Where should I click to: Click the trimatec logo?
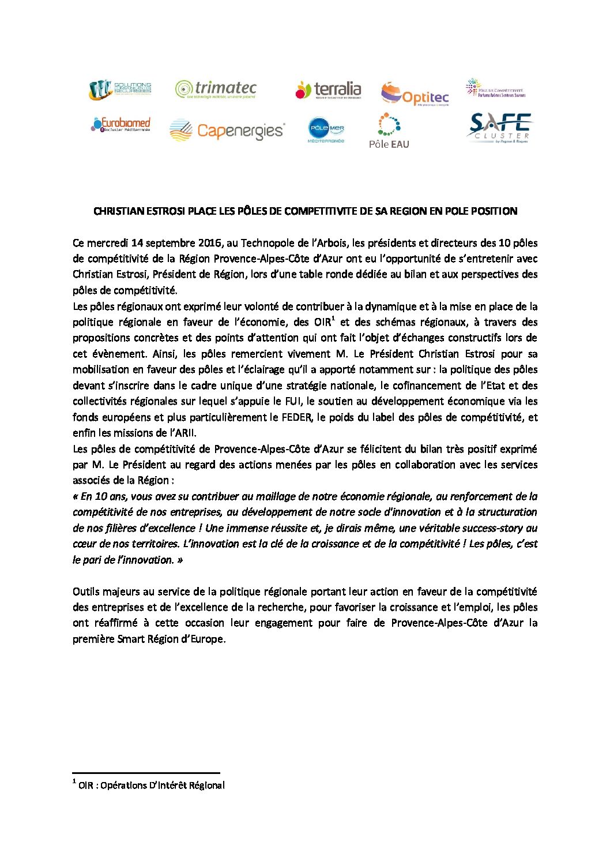[x=216, y=89]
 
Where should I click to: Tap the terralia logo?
[x=328, y=90]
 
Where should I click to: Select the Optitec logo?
[x=415, y=94]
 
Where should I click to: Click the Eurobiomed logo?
[x=121, y=124]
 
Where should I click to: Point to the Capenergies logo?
[x=227, y=130]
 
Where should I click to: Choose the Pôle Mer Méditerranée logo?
[x=326, y=130]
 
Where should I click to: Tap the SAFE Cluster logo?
[x=499, y=128]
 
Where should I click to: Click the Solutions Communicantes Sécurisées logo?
[x=120, y=89]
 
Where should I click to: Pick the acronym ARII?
[x=185, y=433]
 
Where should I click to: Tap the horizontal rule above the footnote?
[x=146, y=773]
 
